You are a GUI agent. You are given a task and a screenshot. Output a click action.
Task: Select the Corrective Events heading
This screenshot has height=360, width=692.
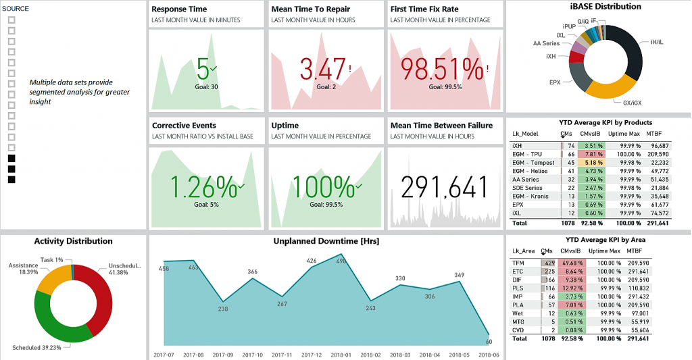click(184, 126)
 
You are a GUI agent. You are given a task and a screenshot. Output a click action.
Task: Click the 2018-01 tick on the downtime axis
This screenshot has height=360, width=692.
click(341, 355)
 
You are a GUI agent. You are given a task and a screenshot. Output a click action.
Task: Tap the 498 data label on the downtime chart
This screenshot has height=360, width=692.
click(341, 261)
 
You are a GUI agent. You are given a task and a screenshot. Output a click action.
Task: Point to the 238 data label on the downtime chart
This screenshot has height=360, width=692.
click(222, 309)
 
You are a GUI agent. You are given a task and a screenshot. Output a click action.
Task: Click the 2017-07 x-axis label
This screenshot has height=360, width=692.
click(163, 355)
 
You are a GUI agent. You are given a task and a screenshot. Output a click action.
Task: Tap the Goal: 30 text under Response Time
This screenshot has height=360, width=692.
click(205, 86)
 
